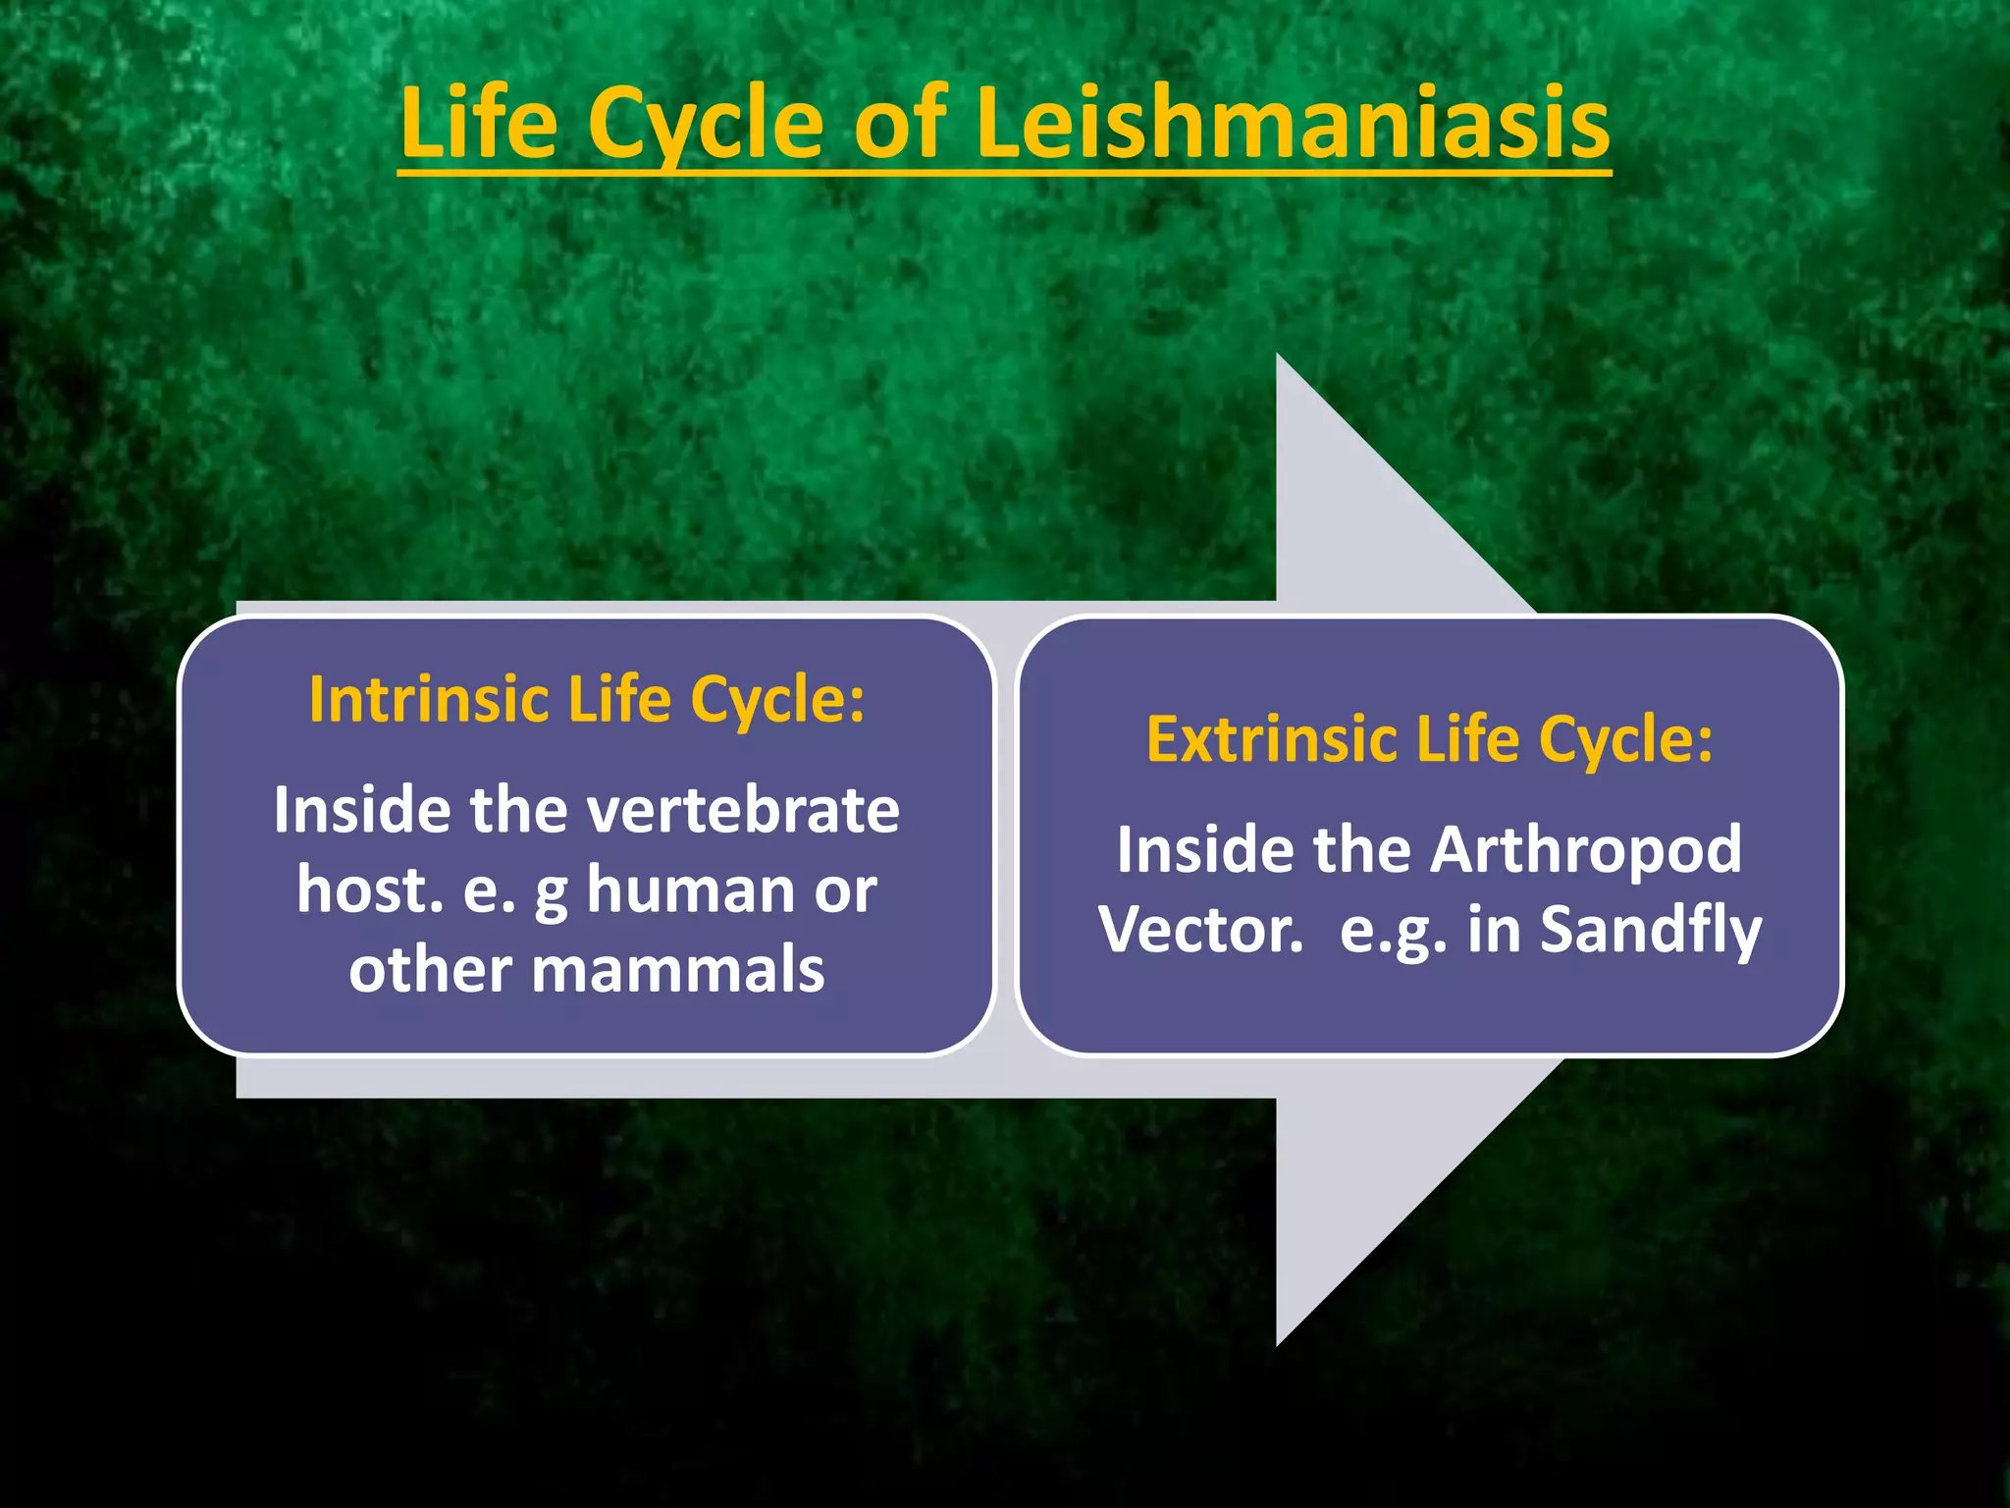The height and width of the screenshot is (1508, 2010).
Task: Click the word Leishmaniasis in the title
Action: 1293,123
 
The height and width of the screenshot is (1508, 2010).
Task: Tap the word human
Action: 690,890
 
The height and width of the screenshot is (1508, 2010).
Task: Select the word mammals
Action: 677,970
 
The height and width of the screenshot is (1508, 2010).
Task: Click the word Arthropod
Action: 1585,850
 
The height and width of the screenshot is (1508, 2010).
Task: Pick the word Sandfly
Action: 1651,931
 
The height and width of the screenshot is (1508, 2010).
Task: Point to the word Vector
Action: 1200,930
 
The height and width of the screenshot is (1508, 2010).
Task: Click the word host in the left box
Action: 369,890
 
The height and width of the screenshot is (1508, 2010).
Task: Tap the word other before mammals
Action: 430,970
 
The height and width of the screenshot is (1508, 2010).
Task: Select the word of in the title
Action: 899,123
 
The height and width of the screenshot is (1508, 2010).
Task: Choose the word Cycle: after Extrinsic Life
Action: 1625,739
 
